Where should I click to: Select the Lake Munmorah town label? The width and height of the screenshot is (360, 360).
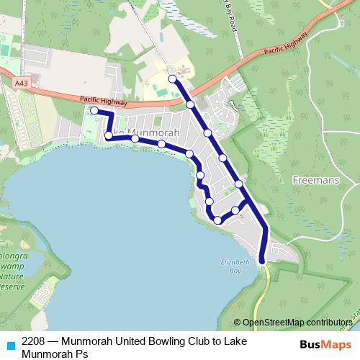click(x=144, y=132)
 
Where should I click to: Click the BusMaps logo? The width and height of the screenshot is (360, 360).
click(x=325, y=346)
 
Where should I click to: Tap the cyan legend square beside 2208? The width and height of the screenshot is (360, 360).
click(x=9, y=346)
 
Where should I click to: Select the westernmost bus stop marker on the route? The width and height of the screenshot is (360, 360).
click(x=94, y=110)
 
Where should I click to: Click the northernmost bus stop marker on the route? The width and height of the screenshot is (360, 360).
click(x=171, y=79)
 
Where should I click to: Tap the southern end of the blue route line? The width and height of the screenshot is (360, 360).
click(x=262, y=261)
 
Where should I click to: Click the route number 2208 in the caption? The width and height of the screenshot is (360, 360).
click(x=35, y=341)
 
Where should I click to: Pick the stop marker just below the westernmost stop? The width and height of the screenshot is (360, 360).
click(x=109, y=135)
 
